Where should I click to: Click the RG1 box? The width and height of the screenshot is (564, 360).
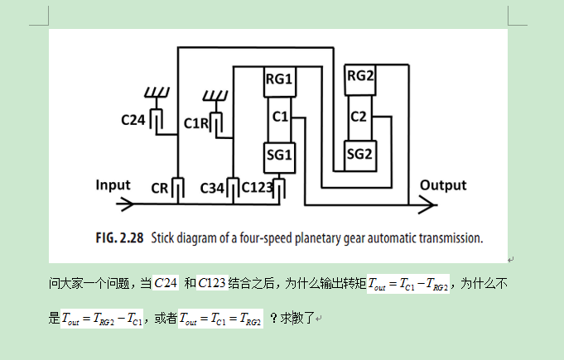coord(280,79)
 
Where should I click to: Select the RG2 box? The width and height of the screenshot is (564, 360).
coord(360,76)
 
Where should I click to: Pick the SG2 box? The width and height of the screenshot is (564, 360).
coord(360,153)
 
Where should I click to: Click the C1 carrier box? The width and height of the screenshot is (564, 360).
coord(280,117)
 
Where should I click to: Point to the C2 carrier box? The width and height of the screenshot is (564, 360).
coord(359,116)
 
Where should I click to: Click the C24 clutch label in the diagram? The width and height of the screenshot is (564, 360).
coord(133,120)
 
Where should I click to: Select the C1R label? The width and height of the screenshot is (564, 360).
coord(197,122)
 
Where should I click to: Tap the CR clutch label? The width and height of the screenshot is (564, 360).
coord(160,188)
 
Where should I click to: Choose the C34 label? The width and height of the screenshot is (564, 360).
coord(213,188)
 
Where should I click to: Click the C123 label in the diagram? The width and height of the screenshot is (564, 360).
coord(258,188)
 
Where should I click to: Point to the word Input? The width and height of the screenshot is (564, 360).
coord(113,185)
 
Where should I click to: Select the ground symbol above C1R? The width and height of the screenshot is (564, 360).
coord(216,94)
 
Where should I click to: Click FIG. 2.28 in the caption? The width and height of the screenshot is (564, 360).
coord(118,238)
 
